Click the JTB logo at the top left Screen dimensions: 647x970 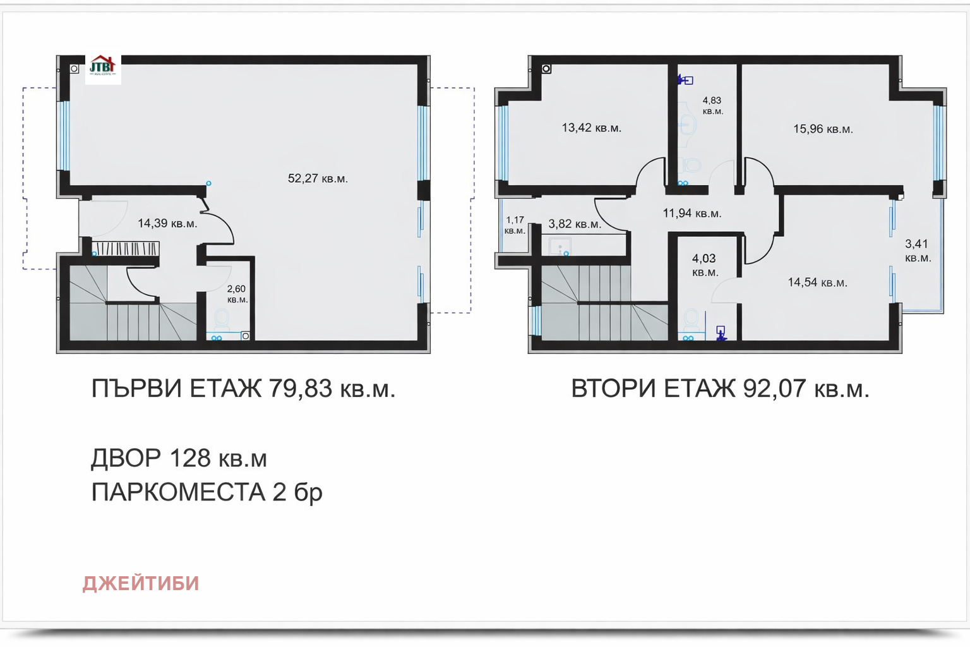(102, 67)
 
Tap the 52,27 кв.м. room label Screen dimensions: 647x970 (318, 179)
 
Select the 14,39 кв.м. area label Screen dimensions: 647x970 (167, 224)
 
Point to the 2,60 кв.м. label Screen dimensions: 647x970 (237, 294)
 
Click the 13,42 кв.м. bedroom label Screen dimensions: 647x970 (591, 128)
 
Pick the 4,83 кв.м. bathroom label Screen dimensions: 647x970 (712, 106)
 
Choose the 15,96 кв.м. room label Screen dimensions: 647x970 (823, 130)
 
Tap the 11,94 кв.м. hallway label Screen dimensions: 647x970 (692, 214)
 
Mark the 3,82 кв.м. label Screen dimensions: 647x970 (574, 224)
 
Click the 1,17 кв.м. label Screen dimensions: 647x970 (515, 225)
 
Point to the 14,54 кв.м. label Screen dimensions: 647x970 (817, 282)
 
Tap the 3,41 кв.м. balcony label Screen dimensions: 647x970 (918, 251)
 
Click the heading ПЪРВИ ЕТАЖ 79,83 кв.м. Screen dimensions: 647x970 (243, 389)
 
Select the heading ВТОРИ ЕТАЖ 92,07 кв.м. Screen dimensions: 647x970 (720, 389)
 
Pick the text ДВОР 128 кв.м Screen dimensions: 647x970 (179, 458)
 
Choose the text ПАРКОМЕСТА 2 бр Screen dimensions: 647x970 (207, 492)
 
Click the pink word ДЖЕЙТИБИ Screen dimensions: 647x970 (141, 583)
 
